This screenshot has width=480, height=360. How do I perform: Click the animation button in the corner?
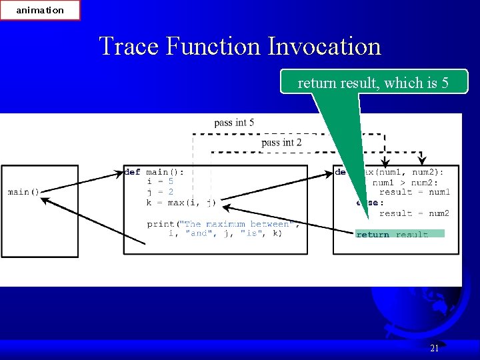40,10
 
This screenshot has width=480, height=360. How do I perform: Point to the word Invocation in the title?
324,47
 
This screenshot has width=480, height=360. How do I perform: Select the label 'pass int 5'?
234,123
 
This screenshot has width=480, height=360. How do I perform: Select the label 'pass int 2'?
281,143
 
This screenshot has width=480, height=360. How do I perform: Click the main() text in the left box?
23,192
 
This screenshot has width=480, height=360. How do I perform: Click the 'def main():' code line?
154,171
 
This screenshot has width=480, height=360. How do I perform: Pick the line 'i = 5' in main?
160,181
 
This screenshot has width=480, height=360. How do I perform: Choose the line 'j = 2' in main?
160,192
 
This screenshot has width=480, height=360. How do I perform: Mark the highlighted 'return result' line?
399,234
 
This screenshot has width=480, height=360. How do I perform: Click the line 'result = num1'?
415,192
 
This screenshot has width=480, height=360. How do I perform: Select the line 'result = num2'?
415,213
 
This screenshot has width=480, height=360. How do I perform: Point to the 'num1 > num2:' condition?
405,182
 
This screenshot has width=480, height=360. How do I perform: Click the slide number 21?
434,348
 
